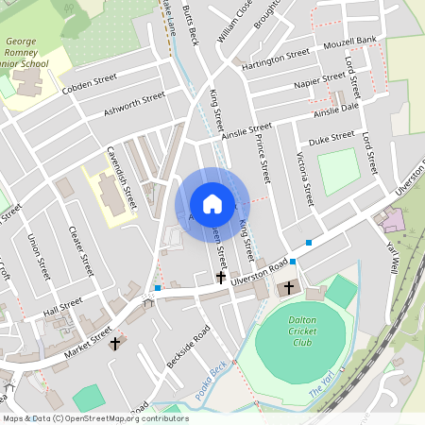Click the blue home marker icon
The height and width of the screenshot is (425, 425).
point(212,204)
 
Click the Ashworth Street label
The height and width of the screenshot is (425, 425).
point(135,104)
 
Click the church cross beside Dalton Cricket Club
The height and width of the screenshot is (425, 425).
point(289,286)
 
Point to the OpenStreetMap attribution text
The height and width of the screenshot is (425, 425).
point(94,417)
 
